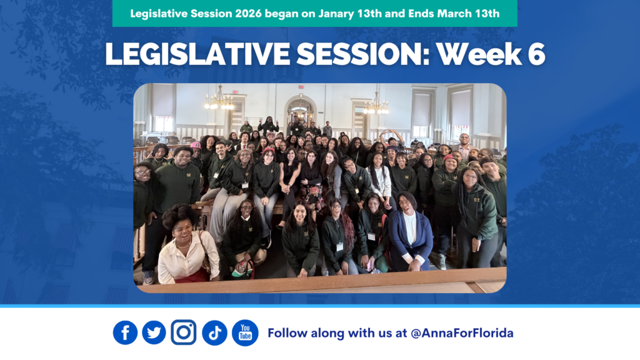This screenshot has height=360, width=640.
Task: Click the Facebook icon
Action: [125, 332]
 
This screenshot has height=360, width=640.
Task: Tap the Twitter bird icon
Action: [154, 332]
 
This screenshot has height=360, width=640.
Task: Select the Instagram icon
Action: [183, 332]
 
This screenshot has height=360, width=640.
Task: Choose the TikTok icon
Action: [215, 332]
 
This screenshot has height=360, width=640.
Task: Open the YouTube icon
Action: [245, 332]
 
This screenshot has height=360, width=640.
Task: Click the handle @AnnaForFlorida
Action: [462, 333]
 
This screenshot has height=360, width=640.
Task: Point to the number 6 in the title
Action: [536, 54]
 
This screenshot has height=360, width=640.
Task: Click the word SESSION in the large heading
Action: [363, 54]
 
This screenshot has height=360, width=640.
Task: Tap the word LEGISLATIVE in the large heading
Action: [197, 54]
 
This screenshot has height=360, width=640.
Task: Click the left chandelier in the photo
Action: [219, 100]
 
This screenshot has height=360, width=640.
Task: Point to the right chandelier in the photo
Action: [376, 105]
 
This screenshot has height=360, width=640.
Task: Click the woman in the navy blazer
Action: [410, 232]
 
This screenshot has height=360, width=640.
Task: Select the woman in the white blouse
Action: [187, 245]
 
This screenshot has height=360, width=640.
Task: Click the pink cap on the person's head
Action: [196, 145]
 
